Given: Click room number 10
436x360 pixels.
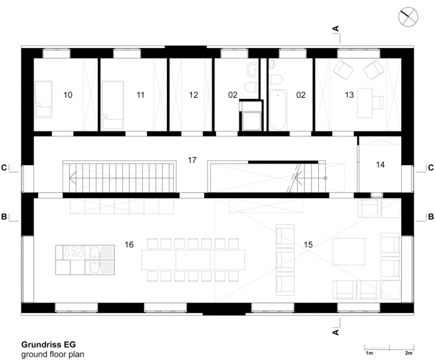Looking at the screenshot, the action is coord(68,95).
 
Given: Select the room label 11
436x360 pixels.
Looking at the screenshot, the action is coord(140,95).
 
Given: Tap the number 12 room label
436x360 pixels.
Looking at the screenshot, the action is coord(193,95).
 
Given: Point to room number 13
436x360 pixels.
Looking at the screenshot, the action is coord(349,95).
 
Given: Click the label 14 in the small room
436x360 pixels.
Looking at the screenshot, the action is coord(380,165).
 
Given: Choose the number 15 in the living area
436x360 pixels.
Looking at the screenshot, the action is coord(308,245).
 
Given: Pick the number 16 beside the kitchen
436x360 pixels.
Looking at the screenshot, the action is coord(129,245).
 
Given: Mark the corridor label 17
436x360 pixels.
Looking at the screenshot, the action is coord(192,160).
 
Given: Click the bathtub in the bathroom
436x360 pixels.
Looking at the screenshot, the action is coord(278,110).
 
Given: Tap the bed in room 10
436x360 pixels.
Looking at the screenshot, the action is coord(44,100).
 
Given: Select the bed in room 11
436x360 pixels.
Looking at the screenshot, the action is coord(113,105).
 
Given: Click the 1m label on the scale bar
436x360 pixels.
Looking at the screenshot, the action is coord(369,353).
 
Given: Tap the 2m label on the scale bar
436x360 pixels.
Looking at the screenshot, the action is coord(409,353).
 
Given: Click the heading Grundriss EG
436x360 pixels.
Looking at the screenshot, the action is coord(49,344).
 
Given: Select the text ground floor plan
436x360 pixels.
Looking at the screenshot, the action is coord(52,354).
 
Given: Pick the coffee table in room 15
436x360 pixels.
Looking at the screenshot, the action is coord(349,252).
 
